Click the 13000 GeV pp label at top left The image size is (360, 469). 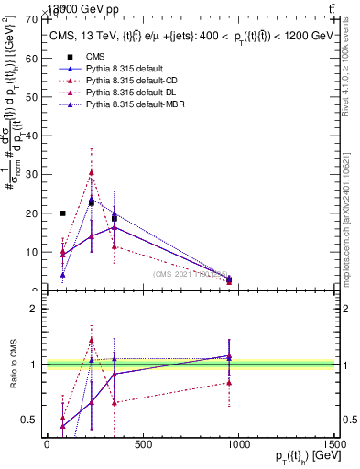[53, 7]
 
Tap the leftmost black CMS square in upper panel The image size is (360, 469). [62, 213]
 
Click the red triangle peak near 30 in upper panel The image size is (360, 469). [91, 172]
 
